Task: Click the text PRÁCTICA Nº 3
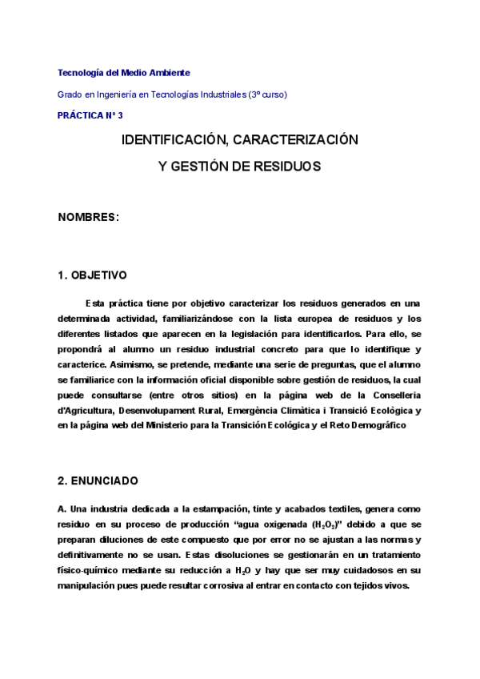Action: [x=90, y=115]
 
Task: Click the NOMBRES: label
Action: [x=89, y=217]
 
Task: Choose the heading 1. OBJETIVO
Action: [x=93, y=275]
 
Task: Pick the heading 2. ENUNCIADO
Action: [x=98, y=481]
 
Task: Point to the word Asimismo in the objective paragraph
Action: [x=136, y=365]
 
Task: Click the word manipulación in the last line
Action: [x=88, y=585]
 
